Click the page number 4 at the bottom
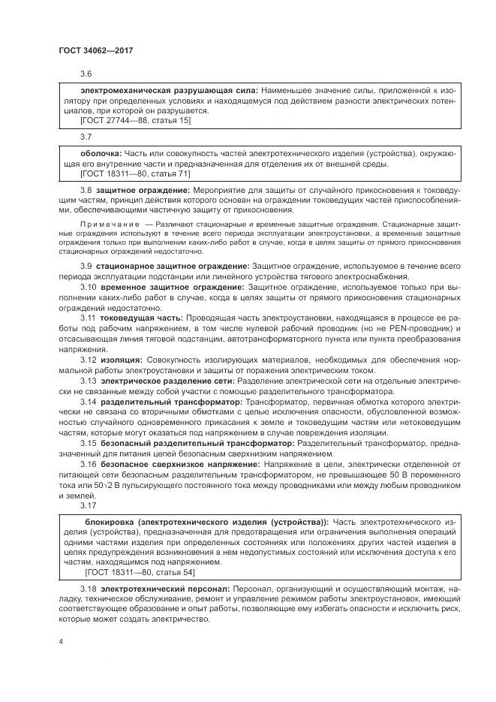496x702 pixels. pos(61,642)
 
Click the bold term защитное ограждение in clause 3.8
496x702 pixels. pos(143,192)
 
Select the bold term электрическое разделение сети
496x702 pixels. pos(167,381)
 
